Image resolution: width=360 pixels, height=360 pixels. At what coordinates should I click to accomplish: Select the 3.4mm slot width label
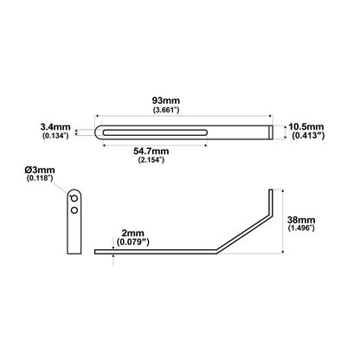[55, 125]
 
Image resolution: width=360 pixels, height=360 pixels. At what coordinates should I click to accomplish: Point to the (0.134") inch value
[56, 136]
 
